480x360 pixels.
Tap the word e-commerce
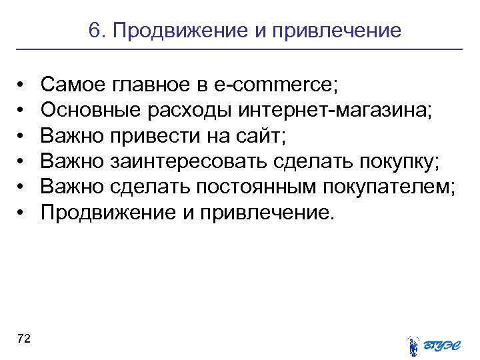tap(277, 85)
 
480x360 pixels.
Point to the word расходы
tap(173, 110)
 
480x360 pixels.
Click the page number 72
tap(24, 339)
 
